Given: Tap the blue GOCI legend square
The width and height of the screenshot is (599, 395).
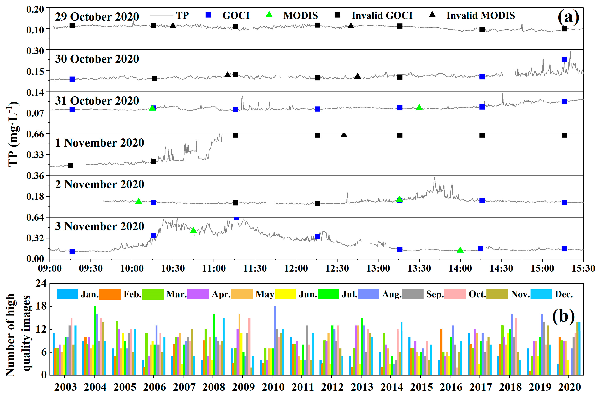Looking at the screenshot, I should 208,15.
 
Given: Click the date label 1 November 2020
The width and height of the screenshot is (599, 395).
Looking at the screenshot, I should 99,143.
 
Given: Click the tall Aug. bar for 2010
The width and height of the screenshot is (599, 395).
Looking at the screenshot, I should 275,340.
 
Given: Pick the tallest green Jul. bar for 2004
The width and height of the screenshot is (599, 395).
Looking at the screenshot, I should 95,340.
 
